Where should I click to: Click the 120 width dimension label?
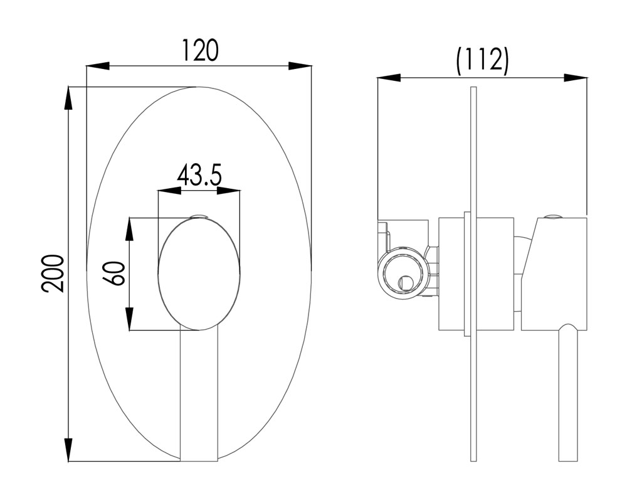pos(200,50)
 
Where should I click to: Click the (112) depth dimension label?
pos(482,61)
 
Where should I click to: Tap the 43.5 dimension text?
pos(199,175)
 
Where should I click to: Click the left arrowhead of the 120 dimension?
pos(97,66)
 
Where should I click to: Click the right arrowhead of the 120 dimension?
pos(301,66)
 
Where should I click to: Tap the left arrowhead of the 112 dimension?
pos(388,78)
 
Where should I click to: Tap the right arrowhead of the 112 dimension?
pos(576,78)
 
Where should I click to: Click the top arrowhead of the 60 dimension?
pos(130,228)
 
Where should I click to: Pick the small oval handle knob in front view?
pos(199,273)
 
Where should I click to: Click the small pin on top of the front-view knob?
pos(199,218)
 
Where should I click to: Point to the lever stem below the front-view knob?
pos(199,395)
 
